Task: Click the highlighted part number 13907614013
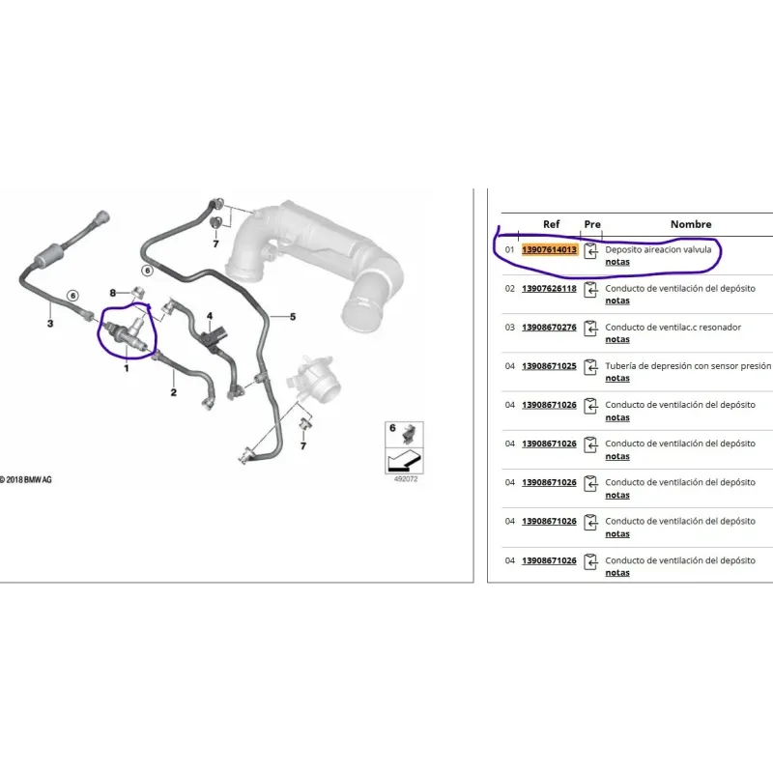pyautogui.click(x=549, y=249)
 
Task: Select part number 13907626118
pyautogui.click(x=549, y=288)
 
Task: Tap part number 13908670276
pyautogui.click(x=549, y=328)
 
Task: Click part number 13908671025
pyautogui.click(x=549, y=366)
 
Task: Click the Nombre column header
pyautogui.click(x=691, y=224)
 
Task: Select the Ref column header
pyautogui.click(x=551, y=224)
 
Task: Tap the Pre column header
pyautogui.click(x=592, y=224)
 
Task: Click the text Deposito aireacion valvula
pyautogui.click(x=658, y=249)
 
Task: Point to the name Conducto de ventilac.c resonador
pyautogui.click(x=673, y=328)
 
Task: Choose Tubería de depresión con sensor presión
pyautogui.click(x=688, y=366)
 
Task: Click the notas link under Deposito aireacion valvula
pyautogui.click(x=617, y=262)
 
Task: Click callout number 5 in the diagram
pyautogui.click(x=293, y=317)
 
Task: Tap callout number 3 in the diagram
pyautogui.click(x=50, y=324)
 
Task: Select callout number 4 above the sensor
pyautogui.click(x=210, y=316)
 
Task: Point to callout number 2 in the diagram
pyautogui.click(x=174, y=392)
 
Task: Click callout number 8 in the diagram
pyautogui.click(x=112, y=293)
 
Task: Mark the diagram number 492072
pyautogui.click(x=406, y=479)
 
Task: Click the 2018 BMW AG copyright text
pyautogui.click(x=26, y=479)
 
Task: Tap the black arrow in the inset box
pyautogui.click(x=404, y=462)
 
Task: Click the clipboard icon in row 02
pyautogui.click(x=590, y=290)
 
